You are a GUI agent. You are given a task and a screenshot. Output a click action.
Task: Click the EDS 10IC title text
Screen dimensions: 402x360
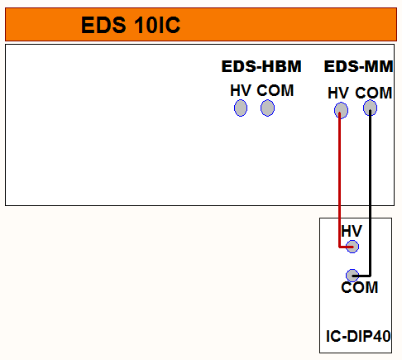131,25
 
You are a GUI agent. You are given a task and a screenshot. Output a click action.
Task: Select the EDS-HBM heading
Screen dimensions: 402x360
261,66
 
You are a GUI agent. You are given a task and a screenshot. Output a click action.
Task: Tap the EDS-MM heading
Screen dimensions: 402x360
358,66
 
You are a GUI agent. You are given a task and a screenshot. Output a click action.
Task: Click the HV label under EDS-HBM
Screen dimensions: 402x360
241,90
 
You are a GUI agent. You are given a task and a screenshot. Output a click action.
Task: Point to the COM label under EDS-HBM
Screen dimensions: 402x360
275,90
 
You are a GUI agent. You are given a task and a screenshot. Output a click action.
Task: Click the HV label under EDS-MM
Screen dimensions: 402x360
338,93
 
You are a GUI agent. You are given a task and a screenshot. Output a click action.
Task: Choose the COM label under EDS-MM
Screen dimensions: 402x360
374,93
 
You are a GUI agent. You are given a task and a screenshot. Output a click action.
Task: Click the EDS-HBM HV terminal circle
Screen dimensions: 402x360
241,108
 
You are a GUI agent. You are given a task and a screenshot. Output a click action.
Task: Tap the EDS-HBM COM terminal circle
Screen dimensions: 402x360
267,108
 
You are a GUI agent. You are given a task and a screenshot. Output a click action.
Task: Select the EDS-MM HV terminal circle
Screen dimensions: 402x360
341,110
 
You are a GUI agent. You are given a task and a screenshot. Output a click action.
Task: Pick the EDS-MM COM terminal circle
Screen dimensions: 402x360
370,108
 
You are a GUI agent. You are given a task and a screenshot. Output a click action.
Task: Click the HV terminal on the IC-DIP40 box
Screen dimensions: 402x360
352,247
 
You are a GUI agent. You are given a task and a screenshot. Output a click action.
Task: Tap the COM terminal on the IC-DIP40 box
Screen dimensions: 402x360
352,276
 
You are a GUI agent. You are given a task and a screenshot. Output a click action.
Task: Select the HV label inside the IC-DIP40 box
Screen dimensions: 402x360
352,231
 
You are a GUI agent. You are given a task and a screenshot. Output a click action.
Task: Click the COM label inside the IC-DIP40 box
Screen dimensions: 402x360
360,287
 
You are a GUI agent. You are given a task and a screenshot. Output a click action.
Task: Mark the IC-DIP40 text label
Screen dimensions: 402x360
358,336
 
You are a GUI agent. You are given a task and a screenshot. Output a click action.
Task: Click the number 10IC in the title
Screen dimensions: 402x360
157,25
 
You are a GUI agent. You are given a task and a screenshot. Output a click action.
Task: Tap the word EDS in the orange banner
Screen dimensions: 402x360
103,25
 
